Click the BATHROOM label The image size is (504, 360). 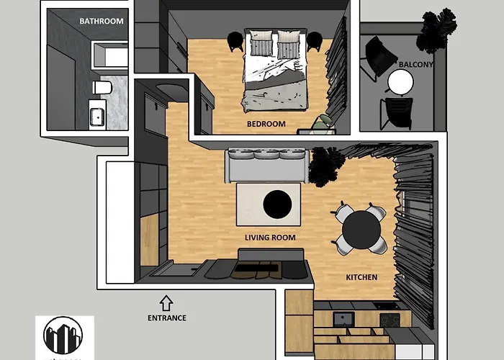pyautogui.click(x=102, y=21)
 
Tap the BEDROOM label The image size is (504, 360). pyautogui.click(x=266, y=124)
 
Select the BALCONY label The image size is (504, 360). pyautogui.click(x=415, y=64)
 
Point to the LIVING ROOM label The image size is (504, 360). pyautogui.click(x=270, y=238)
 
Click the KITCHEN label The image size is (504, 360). pyautogui.click(x=361, y=277)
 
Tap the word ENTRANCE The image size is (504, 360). pyautogui.click(x=166, y=318)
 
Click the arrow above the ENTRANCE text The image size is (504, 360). pyautogui.click(x=166, y=301)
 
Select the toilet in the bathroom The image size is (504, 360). pyautogui.click(x=102, y=88)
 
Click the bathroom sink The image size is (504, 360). pyautogui.click(x=97, y=115)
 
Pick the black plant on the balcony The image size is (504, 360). pyautogui.click(x=436, y=29)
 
